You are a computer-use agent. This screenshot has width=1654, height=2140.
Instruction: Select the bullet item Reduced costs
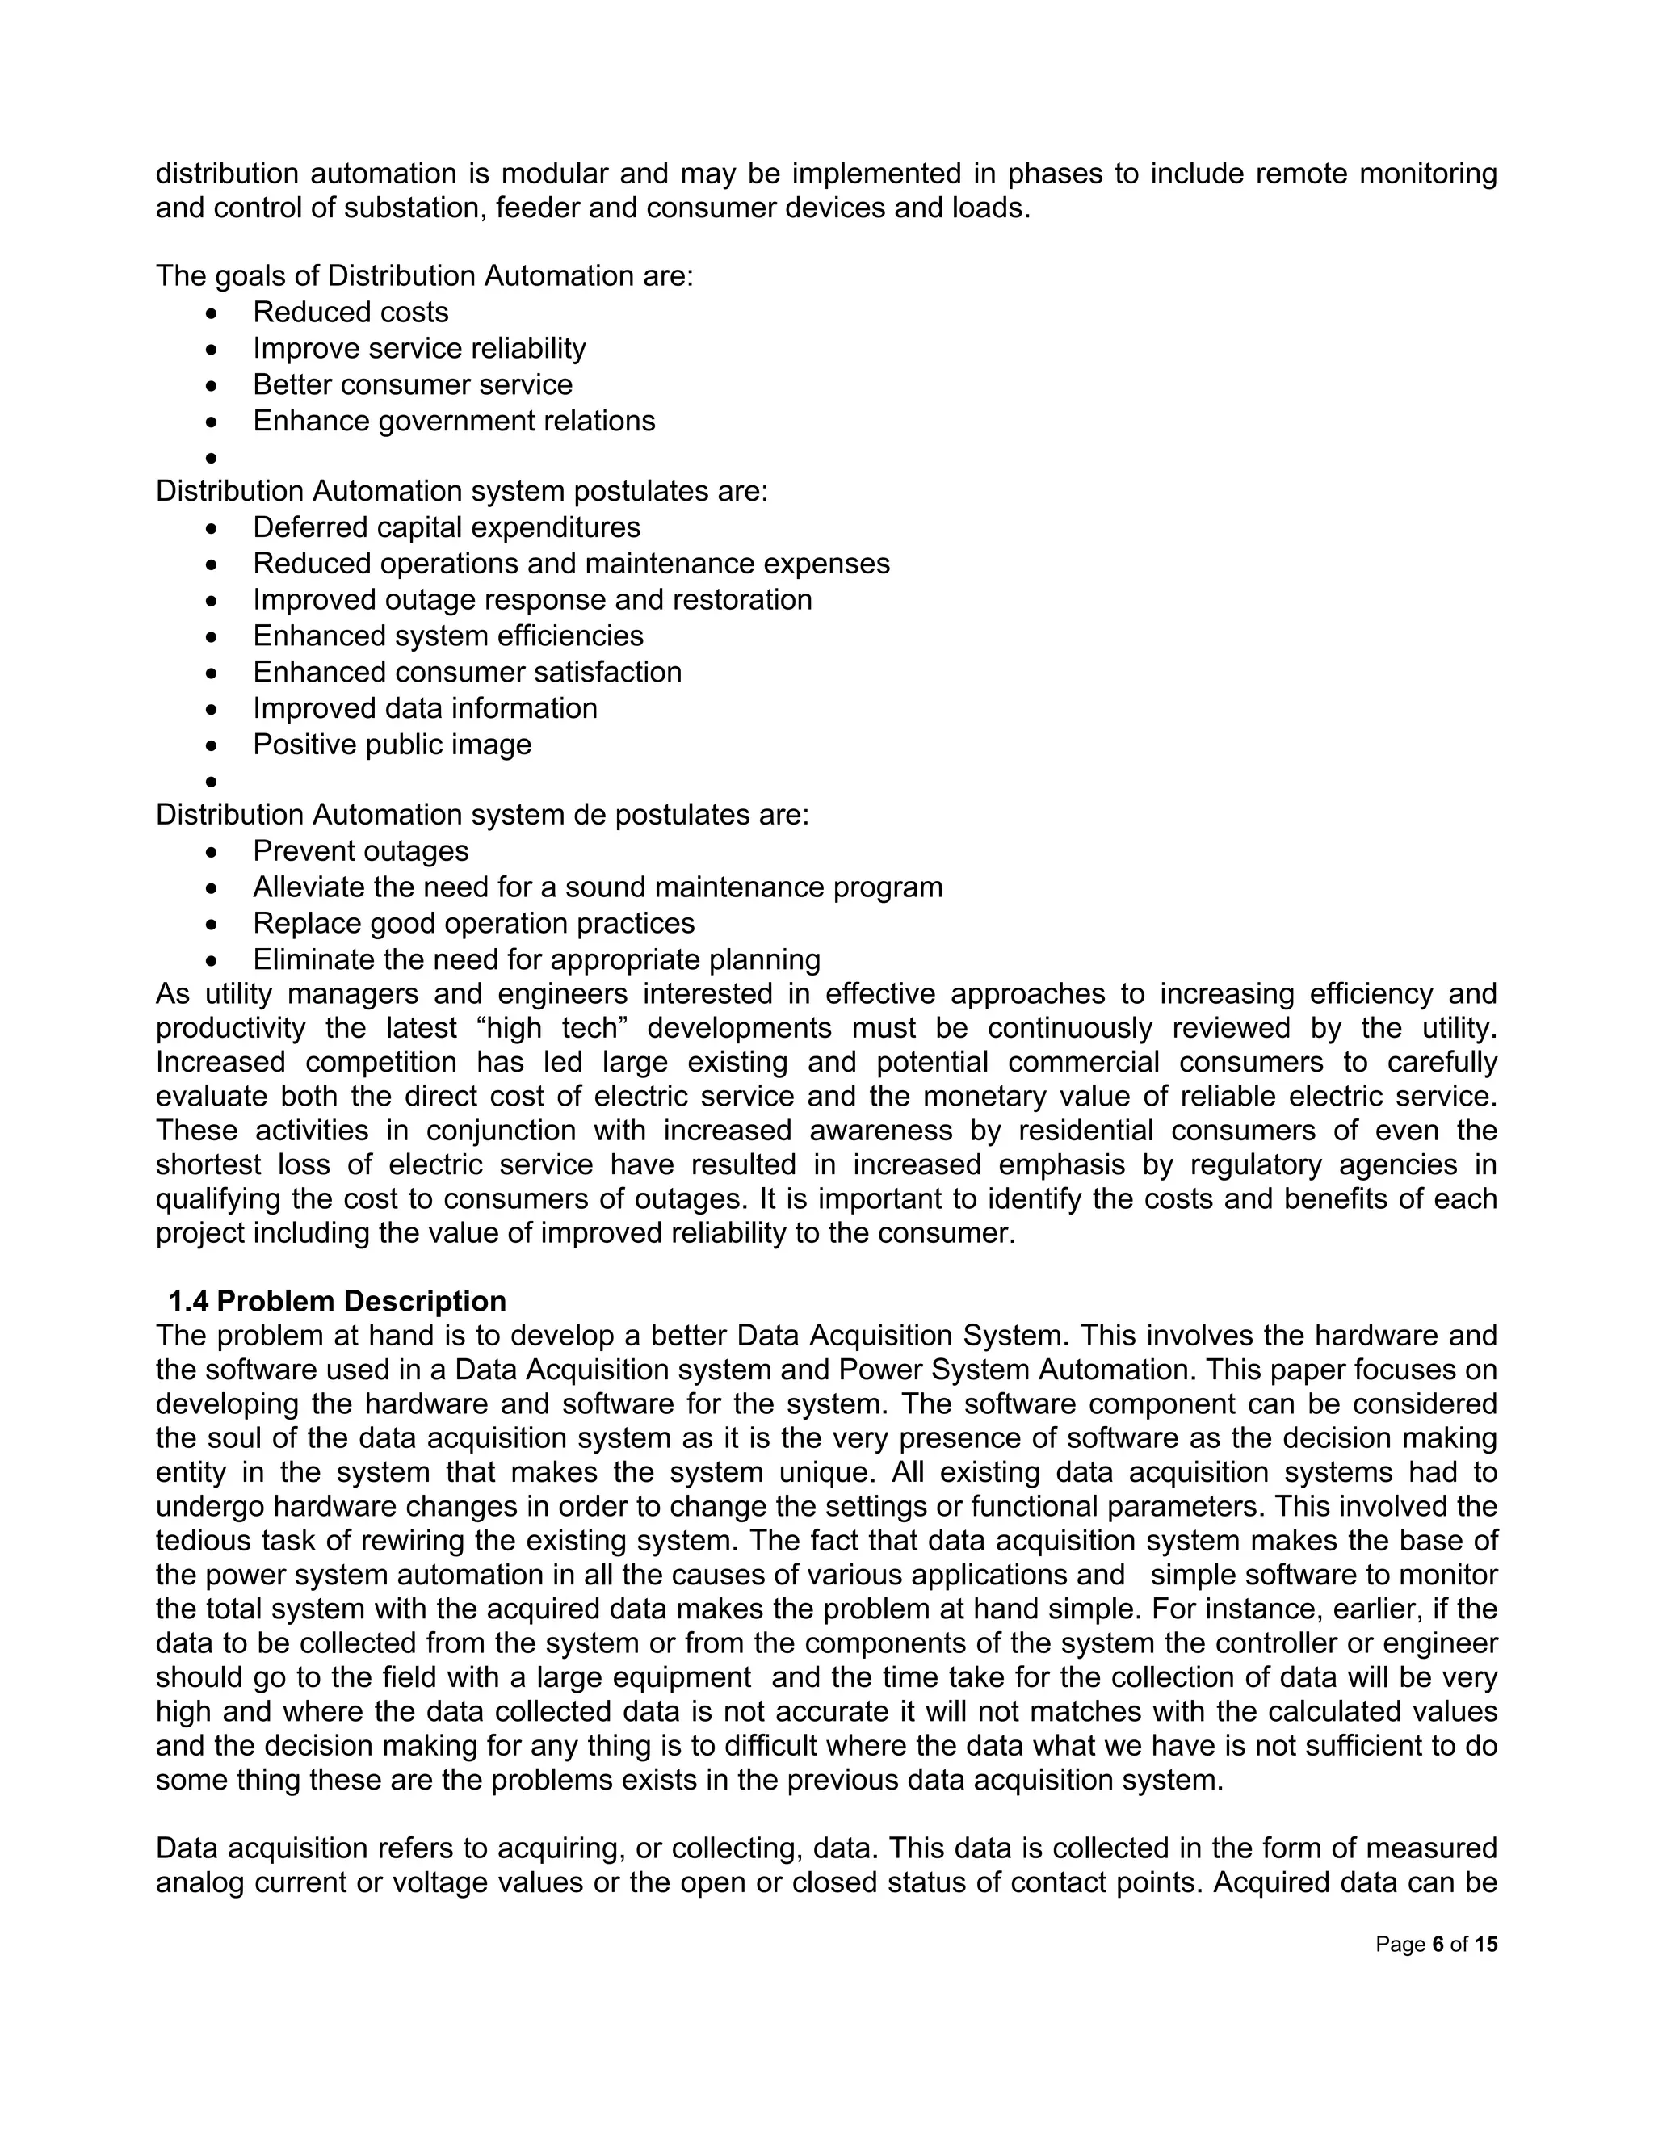(x=350, y=312)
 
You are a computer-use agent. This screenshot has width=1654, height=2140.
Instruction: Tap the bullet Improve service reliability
(x=418, y=348)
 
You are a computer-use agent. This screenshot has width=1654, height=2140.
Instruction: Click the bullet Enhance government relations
(x=454, y=421)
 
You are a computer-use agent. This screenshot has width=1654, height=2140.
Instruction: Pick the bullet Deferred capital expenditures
(x=446, y=527)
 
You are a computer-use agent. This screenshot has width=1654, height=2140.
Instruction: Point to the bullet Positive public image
(x=392, y=744)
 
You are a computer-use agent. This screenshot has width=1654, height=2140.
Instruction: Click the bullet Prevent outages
(x=360, y=850)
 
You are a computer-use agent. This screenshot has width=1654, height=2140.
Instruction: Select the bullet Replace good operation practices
(x=473, y=923)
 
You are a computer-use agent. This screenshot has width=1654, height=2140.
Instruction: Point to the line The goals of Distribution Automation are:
(x=424, y=276)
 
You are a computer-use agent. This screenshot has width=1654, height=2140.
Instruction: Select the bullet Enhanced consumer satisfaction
(x=467, y=672)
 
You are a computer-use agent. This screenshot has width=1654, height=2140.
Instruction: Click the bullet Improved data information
(x=424, y=708)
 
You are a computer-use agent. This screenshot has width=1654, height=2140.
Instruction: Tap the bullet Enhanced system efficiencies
(x=447, y=636)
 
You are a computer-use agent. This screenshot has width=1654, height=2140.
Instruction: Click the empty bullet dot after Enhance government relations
(x=211, y=459)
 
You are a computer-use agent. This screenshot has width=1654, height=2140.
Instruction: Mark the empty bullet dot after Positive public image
(x=211, y=782)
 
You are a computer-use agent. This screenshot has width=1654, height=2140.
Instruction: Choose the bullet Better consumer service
(x=413, y=384)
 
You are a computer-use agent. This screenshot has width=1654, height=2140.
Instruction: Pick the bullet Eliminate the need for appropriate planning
(x=536, y=959)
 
